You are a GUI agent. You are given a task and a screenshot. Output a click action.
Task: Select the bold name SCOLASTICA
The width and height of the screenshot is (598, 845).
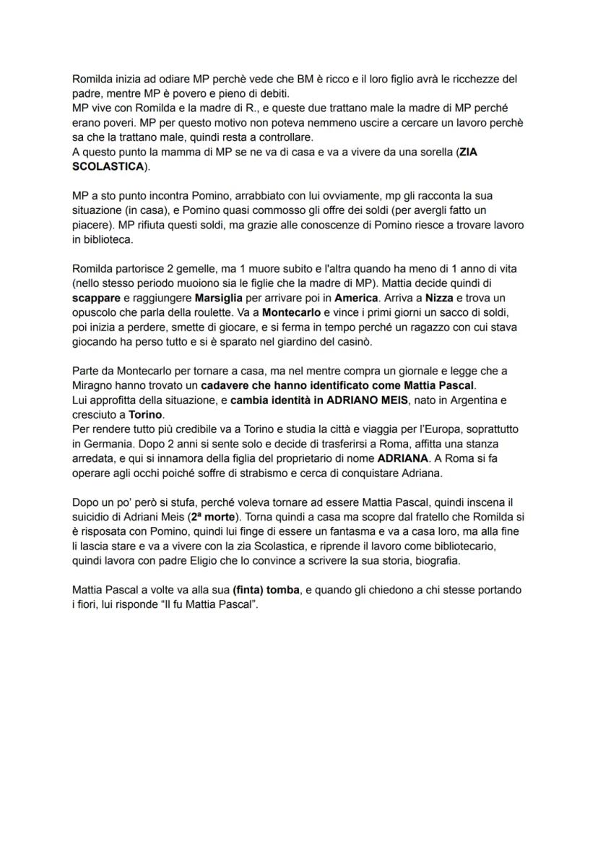(108, 166)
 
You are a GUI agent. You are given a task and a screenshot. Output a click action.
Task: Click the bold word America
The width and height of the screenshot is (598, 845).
(356, 298)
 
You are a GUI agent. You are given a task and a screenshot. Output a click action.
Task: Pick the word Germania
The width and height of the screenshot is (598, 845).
(109, 444)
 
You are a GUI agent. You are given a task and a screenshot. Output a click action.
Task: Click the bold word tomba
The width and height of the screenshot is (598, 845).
(281, 591)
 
